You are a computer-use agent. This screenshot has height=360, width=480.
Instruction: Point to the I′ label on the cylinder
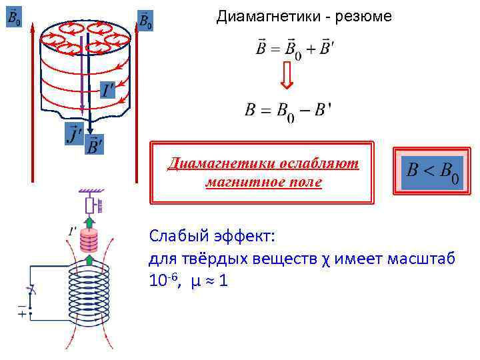click(x=107, y=90)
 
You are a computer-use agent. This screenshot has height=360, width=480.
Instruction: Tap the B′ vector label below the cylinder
click(x=95, y=145)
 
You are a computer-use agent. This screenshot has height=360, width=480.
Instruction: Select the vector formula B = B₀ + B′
click(x=291, y=49)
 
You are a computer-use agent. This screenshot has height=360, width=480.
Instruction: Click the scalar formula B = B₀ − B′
click(x=288, y=111)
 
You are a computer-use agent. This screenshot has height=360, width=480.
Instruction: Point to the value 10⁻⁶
click(x=163, y=281)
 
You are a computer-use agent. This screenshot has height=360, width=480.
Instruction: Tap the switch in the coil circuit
click(x=29, y=291)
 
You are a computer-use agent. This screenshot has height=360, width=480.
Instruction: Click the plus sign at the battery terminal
click(x=23, y=313)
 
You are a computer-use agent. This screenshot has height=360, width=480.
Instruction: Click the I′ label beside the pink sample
click(x=71, y=230)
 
